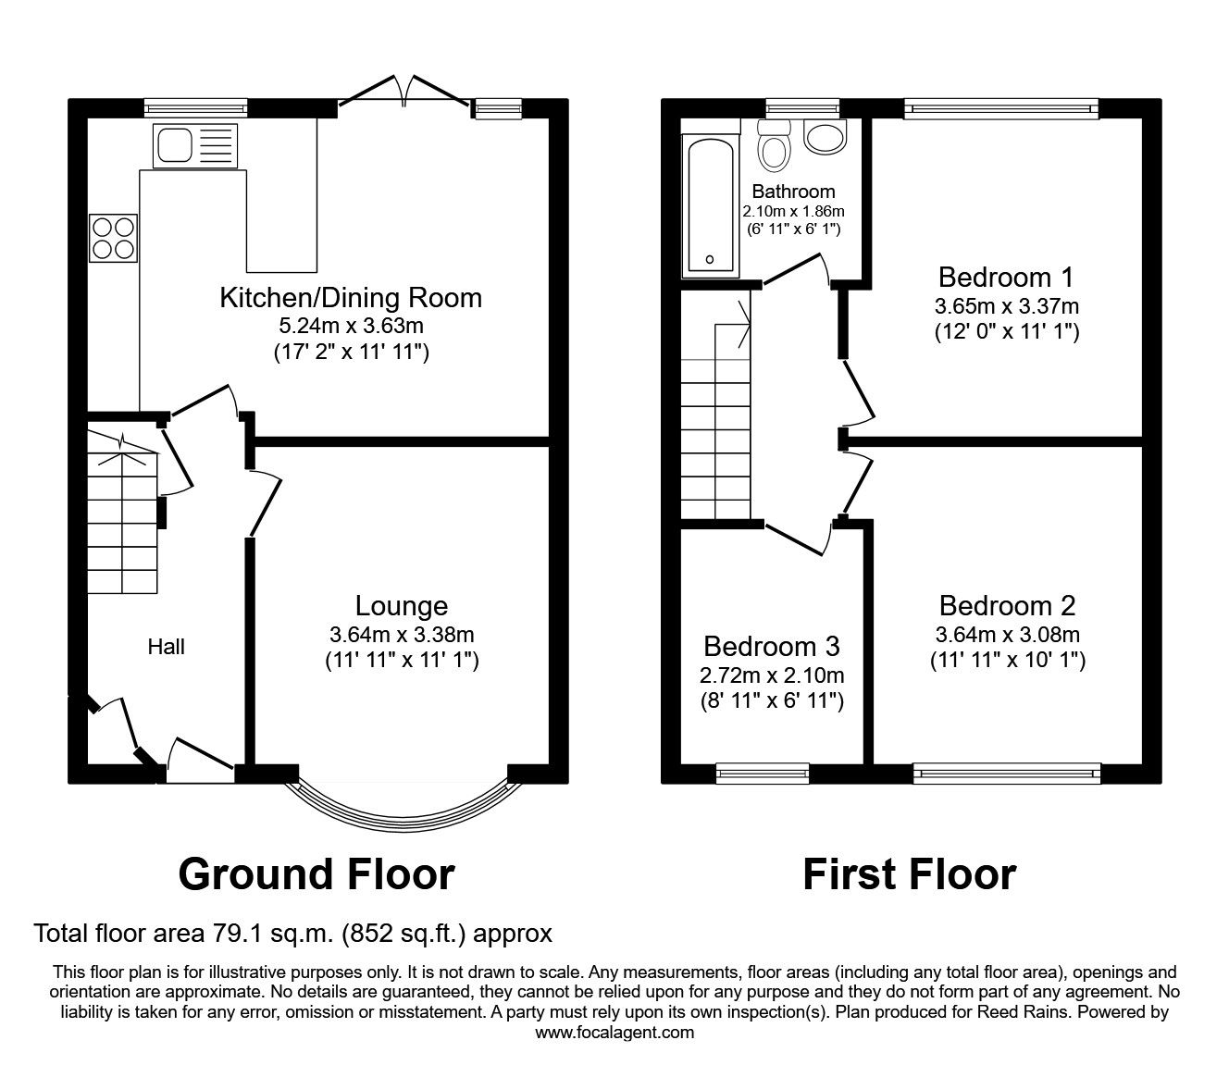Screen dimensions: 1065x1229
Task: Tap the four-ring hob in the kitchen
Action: pos(114,238)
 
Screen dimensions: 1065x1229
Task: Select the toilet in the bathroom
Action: pos(772,145)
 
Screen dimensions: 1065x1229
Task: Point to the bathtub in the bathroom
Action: pos(709,206)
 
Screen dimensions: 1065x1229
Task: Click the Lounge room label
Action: pos(402,606)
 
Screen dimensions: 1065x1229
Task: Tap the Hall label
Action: pos(167,647)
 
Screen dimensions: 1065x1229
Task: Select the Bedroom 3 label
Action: pos(772,646)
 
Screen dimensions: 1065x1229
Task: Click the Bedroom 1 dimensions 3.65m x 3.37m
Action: pos(1007,305)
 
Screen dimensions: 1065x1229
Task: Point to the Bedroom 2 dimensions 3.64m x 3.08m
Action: pos(1007,635)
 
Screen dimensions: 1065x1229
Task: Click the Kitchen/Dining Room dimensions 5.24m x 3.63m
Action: pos(350,326)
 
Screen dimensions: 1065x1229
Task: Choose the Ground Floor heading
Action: pos(317,874)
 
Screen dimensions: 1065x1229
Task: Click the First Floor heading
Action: pos(909,874)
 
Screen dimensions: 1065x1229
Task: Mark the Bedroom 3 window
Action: pos(763,771)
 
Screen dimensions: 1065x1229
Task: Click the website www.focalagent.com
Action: pos(614,1033)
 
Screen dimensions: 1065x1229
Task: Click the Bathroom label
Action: pos(793,192)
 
